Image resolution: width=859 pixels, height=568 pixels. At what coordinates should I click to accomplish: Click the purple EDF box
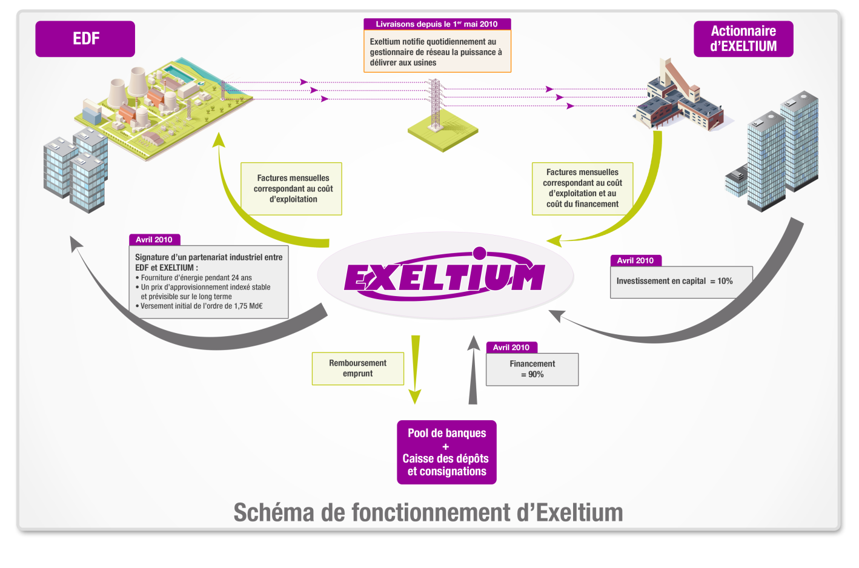[x=85, y=39]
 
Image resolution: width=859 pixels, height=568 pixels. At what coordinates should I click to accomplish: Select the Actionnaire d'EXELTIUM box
[x=743, y=39]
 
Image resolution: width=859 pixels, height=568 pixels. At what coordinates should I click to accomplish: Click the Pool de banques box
[x=446, y=452]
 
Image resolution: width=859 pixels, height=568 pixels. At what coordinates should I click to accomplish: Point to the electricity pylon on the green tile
[x=435, y=106]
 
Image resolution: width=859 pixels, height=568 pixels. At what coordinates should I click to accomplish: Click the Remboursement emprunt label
[x=357, y=368]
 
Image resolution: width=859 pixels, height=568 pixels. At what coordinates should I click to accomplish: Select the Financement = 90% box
[x=532, y=369]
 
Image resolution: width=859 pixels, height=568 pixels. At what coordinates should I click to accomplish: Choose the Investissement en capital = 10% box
[x=681, y=282]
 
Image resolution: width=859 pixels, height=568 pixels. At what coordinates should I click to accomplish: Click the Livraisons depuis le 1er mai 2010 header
[x=437, y=24]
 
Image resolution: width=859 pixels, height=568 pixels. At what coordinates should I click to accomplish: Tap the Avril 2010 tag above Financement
[x=511, y=348]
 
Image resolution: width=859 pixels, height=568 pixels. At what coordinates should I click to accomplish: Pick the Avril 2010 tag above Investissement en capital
[x=635, y=260]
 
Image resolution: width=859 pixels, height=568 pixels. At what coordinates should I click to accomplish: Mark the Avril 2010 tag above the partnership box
[x=154, y=240]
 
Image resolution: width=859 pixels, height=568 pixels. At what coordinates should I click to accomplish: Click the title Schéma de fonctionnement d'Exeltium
[x=428, y=512]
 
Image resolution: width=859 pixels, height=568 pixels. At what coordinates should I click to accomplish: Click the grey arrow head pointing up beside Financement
[x=473, y=344]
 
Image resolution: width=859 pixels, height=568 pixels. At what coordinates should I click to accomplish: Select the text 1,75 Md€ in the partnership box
[x=248, y=306]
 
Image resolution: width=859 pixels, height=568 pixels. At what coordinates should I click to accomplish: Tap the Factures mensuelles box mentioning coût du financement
[x=582, y=188]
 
